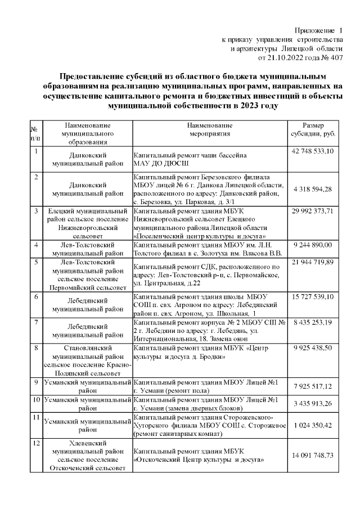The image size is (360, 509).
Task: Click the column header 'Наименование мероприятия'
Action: tap(210, 130)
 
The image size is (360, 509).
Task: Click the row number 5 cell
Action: tap(35, 263)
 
